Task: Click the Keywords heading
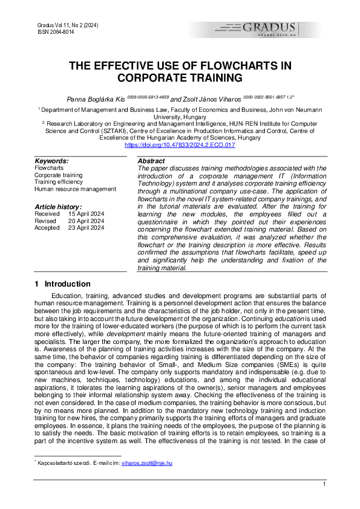coord(51,161)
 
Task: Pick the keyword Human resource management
coord(75,189)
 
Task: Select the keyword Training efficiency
coord(59,181)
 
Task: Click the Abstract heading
coord(151,161)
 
